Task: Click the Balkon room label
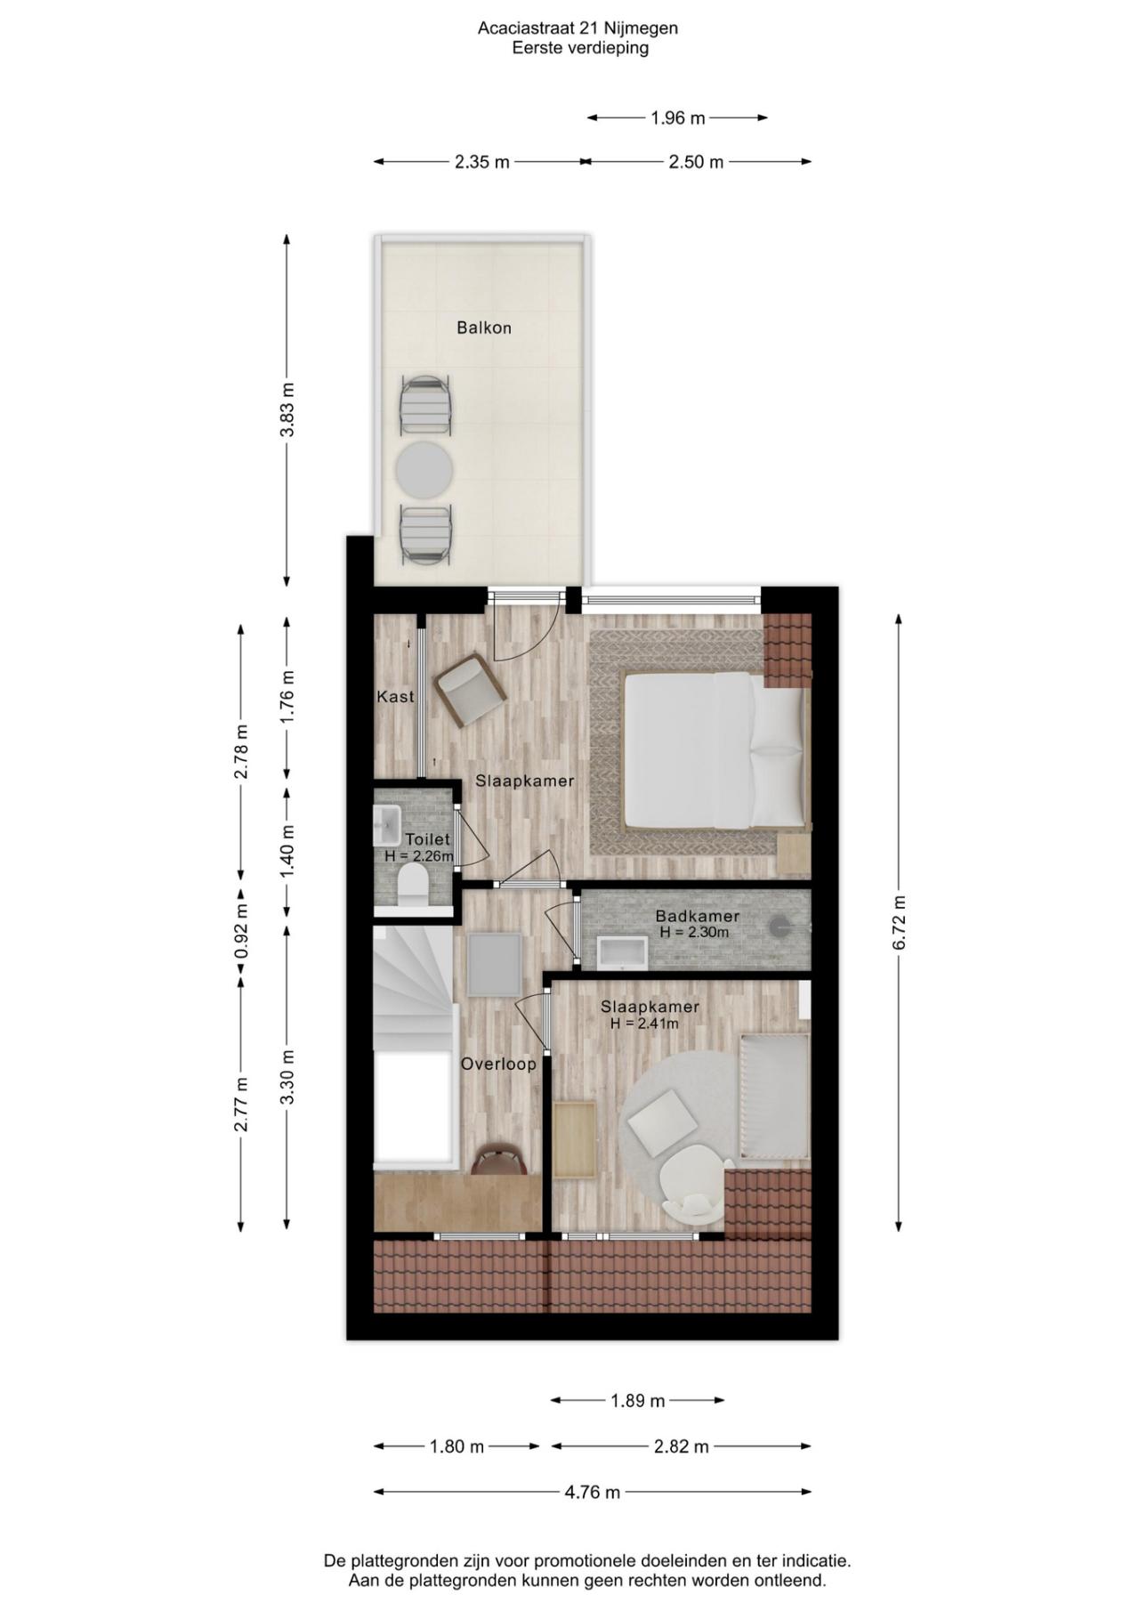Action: coord(484,328)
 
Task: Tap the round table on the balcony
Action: coord(424,470)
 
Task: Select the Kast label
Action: coord(395,696)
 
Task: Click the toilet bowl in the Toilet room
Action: coord(412,885)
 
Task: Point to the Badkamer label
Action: coord(698,916)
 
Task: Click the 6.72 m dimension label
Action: coord(899,922)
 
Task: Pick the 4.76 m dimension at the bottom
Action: coord(593,1492)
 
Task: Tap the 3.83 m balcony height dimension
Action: coord(287,409)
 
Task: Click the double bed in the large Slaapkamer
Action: coord(715,749)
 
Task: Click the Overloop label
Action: coord(498,1064)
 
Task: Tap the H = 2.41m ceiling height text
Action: coord(644,1024)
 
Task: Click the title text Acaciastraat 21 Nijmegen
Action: coord(578,28)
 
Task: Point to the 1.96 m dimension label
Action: coord(678,117)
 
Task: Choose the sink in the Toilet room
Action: coord(387,825)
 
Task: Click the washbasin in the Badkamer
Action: coord(624,951)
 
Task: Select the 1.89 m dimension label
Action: coord(638,1401)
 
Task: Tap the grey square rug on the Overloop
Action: coord(494,965)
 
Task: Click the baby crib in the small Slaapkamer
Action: coord(774,1097)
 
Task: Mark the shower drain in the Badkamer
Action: coord(780,927)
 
